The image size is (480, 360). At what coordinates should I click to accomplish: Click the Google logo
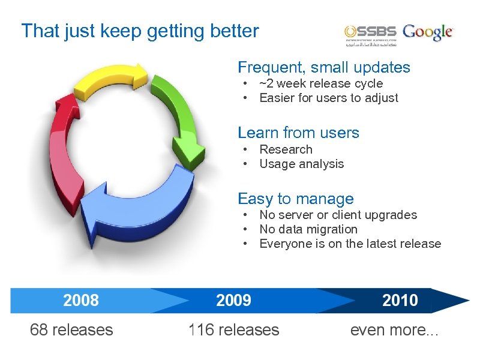(x=428, y=32)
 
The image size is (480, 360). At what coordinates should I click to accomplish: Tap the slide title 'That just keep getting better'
(x=140, y=31)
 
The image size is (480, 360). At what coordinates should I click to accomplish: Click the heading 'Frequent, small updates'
(x=324, y=67)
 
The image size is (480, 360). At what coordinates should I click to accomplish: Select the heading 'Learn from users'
(x=298, y=133)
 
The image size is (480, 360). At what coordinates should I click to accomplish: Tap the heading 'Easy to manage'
(x=296, y=199)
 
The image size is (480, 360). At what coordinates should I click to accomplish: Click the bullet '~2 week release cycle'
(x=320, y=84)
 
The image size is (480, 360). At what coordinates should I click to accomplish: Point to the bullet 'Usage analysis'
(x=301, y=164)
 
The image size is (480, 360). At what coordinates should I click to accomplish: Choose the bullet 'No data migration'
(x=308, y=229)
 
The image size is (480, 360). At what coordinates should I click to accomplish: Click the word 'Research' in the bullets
(x=286, y=149)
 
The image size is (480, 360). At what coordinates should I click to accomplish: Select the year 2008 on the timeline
(x=81, y=300)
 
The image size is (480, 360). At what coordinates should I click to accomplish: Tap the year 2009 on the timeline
(x=233, y=300)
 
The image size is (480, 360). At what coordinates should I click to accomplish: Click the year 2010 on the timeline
(x=400, y=300)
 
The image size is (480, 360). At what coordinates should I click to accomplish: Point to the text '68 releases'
(x=71, y=329)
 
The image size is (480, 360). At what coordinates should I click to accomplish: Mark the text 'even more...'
(x=394, y=329)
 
